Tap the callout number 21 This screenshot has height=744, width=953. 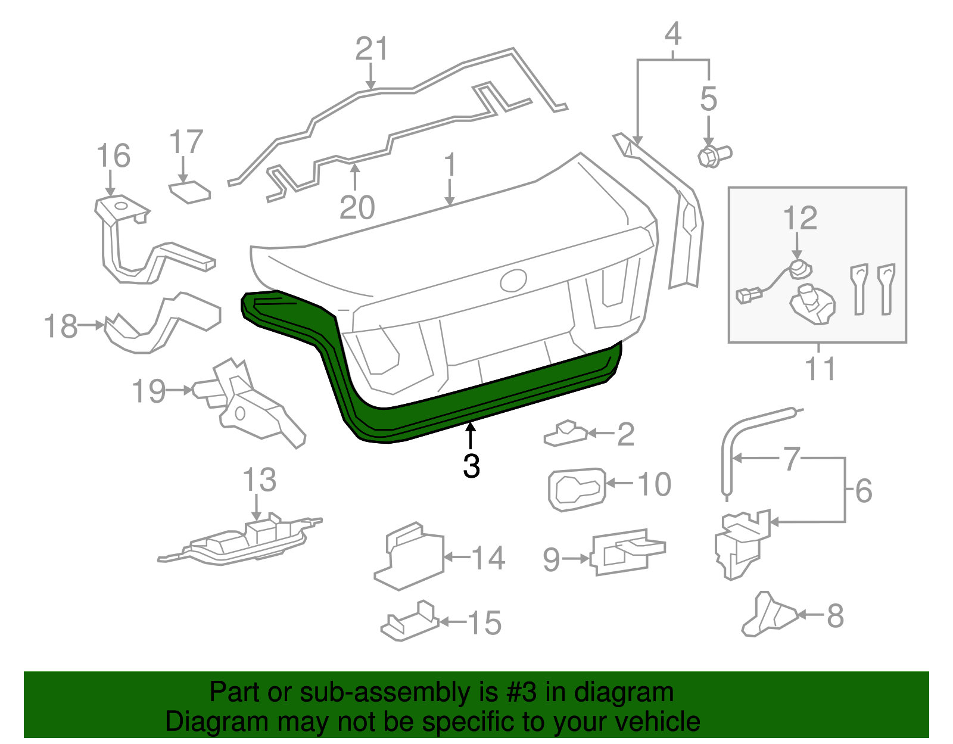(x=371, y=49)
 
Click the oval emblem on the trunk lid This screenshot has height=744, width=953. (x=513, y=280)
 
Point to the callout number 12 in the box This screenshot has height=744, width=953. (x=800, y=219)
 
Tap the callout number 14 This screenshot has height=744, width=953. (x=488, y=558)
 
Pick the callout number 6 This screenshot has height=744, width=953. (x=864, y=491)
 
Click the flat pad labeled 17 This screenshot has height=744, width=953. (x=190, y=192)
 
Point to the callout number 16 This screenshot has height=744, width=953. (x=113, y=156)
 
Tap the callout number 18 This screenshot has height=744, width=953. (x=61, y=326)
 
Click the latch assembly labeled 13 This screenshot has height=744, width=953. (x=244, y=541)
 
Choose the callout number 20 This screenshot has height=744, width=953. (x=357, y=207)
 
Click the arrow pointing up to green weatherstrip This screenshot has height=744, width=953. (x=471, y=434)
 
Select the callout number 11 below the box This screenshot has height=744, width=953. (x=820, y=369)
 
